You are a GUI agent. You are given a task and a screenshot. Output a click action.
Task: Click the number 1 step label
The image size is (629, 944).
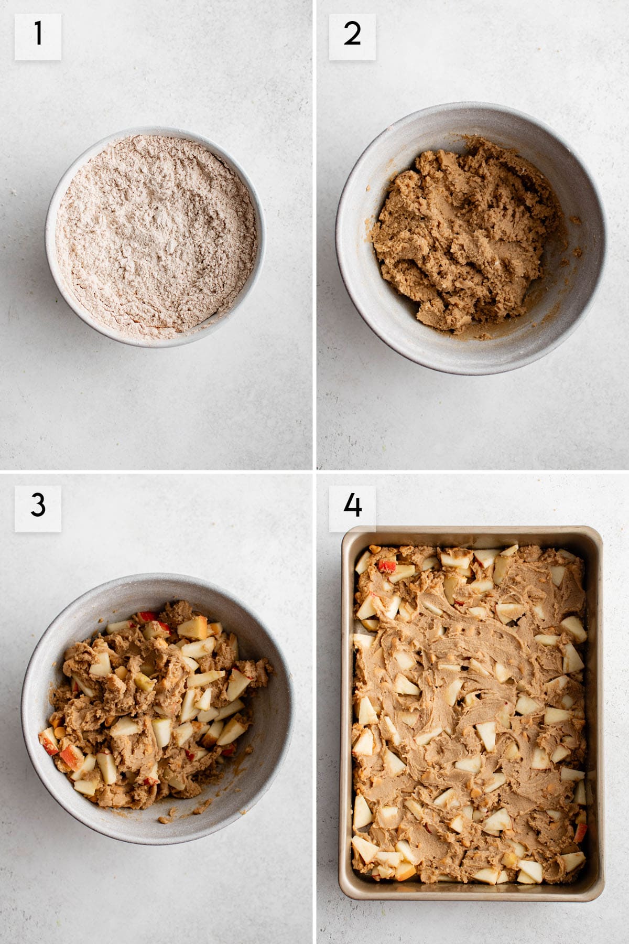click(38, 37)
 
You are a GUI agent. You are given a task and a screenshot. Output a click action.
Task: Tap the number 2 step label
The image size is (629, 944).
click(352, 37)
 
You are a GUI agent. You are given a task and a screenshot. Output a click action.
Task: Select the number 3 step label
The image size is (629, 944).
click(38, 508)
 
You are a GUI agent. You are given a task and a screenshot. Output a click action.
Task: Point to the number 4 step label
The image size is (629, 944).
click(352, 508)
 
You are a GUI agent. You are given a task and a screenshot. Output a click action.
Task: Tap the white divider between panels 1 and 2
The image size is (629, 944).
click(314, 234)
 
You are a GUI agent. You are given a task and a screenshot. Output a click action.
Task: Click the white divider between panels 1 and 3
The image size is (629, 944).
click(156, 471)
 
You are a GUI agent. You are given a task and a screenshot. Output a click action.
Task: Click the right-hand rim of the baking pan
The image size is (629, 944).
click(596, 713)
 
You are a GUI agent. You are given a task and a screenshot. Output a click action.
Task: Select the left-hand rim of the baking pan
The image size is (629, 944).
click(346, 713)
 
